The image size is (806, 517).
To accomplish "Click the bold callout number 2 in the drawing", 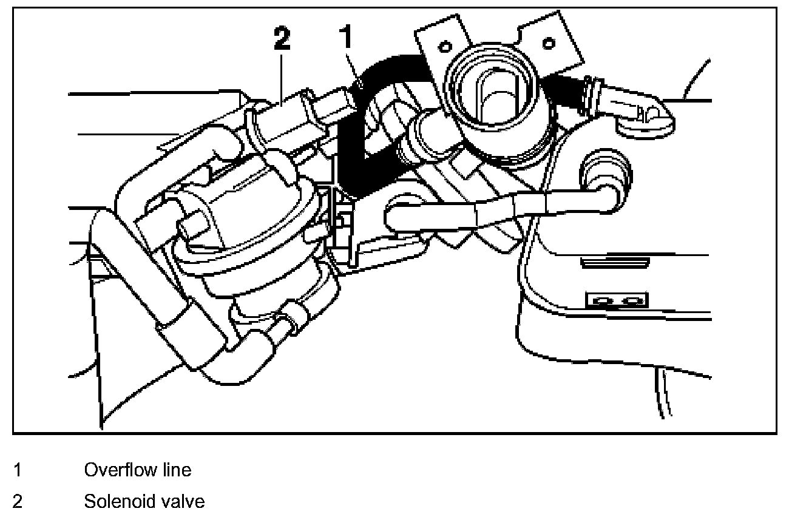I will [x=282, y=39].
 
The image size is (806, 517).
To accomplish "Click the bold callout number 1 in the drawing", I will [x=347, y=38].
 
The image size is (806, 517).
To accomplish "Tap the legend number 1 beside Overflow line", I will [x=18, y=470].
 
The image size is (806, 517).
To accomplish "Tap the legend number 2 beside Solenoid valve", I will [x=18, y=502].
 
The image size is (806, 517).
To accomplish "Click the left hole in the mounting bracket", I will [x=445, y=46].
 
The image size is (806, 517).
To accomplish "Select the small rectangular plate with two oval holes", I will [x=617, y=300].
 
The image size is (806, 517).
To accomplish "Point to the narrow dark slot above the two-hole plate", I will [x=614, y=262].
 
